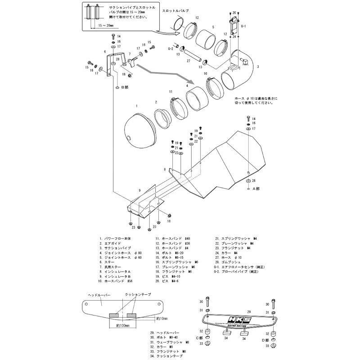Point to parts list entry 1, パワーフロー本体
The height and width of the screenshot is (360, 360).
pyautogui.click(x=116, y=240)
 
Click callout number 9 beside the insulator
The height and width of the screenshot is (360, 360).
pyautogui.click(x=140, y=191)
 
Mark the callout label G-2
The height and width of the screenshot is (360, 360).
pyautogui.click(x=171, y=48)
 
